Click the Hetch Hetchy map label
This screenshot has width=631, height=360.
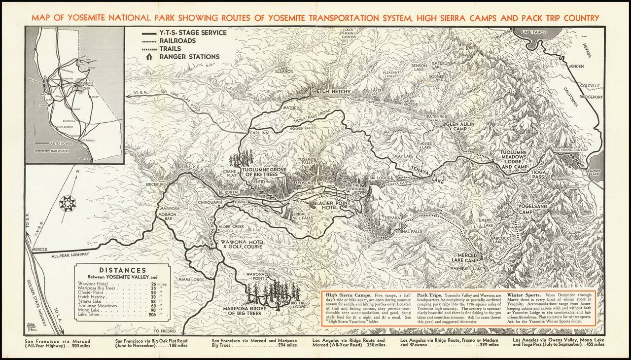pos(331,92)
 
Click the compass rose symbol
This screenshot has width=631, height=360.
pos(67,203)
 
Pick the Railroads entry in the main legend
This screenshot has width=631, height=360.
pos(177,40)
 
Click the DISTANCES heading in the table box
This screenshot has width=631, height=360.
pos(123,270)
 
